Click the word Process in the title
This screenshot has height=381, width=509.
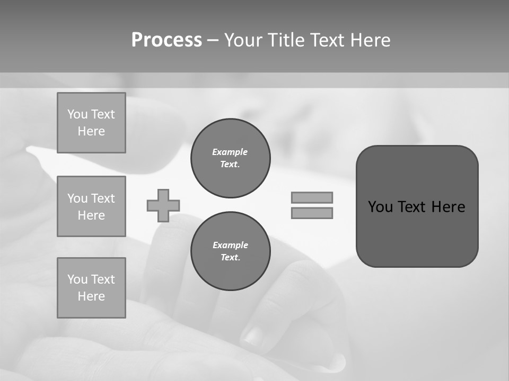click(x=166, y=40)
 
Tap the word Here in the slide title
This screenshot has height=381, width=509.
click(x=370, y=40)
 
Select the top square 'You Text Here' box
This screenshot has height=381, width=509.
click(x=91, y=123)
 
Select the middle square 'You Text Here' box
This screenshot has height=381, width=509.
click(x=91, y=206)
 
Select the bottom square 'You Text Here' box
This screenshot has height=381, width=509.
click(x=91, y=288)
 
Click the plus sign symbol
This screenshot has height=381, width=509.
click(x=163, y=205)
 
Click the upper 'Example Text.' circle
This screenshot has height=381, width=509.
click(x=230, y=158)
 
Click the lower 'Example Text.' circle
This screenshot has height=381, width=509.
click(x=230, y=251)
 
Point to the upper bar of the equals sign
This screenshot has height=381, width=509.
click(x=312, y=197)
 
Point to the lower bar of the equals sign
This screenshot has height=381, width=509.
click(x=312, y=213)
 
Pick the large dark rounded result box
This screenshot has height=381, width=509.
click(x=417, y=233)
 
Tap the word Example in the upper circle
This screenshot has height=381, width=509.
click(x=230, y=152)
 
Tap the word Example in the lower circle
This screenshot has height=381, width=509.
click(x=230, y=245)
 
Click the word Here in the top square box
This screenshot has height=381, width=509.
click(x=91, y=131)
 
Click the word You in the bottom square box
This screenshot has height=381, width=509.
click(x=77, y=279)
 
